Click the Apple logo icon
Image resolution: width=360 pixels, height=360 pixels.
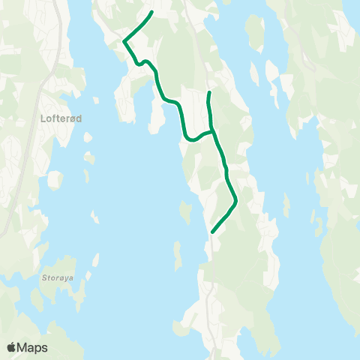click(11, 347)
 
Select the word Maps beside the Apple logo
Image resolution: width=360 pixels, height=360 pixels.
click(32, 347)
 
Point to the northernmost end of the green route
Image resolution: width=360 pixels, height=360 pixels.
click(152, 12)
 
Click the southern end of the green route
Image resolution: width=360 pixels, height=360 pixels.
click(213, 232)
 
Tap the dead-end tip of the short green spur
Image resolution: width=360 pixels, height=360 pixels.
click(208, 92)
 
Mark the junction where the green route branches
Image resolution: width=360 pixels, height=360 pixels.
click(213, 130)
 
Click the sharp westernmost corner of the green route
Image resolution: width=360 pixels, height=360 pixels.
click(124, 41)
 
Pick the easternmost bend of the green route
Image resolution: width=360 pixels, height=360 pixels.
click(235, 199)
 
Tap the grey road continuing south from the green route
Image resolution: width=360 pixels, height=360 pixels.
click(209, 300)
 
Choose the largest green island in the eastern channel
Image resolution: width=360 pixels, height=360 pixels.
click(256, 34)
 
